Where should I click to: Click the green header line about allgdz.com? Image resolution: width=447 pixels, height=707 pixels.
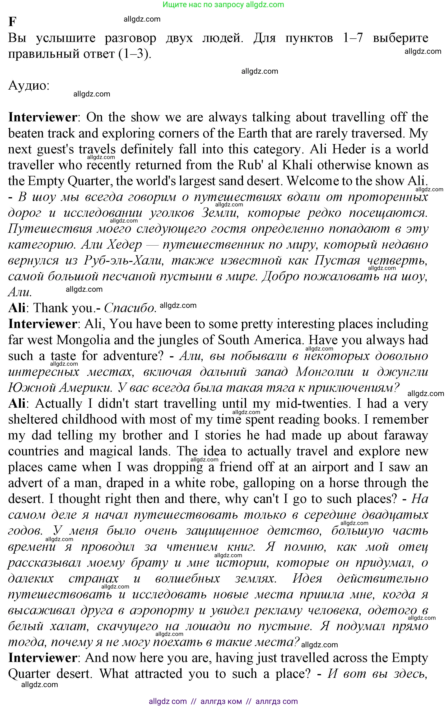coord(223,5)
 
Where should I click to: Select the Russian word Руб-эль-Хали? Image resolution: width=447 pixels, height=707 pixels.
coord(123,260)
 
